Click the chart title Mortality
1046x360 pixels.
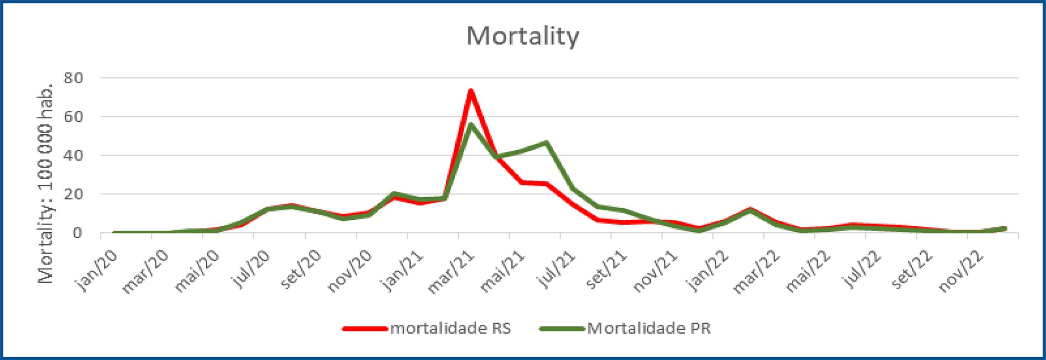pos(523,37)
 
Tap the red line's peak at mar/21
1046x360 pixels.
pos(471,91)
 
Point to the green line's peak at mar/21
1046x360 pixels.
pos(471,125)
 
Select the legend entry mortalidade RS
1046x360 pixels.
pos(451,328)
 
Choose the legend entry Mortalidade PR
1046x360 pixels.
pos(649,328)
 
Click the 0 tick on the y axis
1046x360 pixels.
pos(77,233)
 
